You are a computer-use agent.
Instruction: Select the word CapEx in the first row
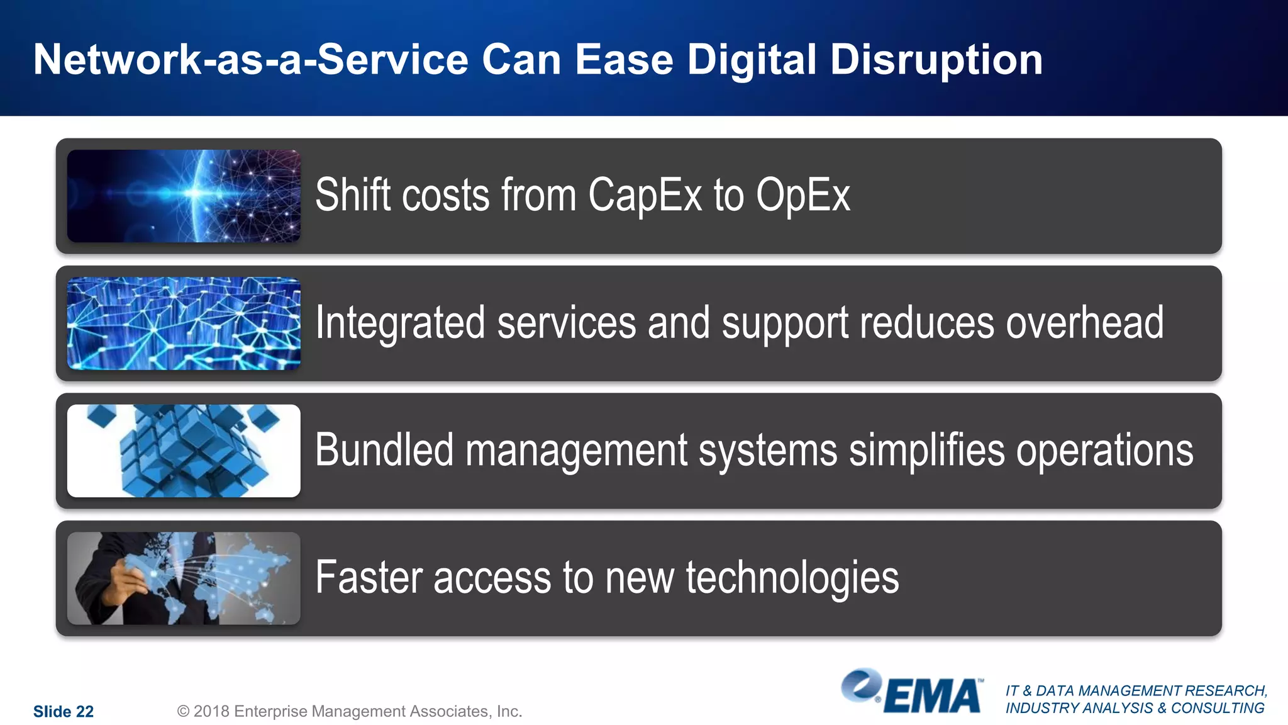tap(645, 195)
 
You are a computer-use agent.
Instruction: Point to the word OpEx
tap(803, 195)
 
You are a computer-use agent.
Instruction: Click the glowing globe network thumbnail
tap(184, 196)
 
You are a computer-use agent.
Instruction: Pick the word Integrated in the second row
tap(400, 323)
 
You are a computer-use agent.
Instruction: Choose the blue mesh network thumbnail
tap(184, 323)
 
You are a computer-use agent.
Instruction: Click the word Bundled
tap(384, 450)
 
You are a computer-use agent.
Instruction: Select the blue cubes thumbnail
tap(184, 451)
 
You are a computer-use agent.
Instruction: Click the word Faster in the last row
tap(369, 578)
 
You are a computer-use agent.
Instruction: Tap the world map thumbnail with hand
tap(184, 578)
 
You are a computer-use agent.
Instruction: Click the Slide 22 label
tap(64, 712)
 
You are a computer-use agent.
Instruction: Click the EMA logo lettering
tap(933, 697)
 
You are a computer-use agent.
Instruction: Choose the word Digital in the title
tap(752, 60)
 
